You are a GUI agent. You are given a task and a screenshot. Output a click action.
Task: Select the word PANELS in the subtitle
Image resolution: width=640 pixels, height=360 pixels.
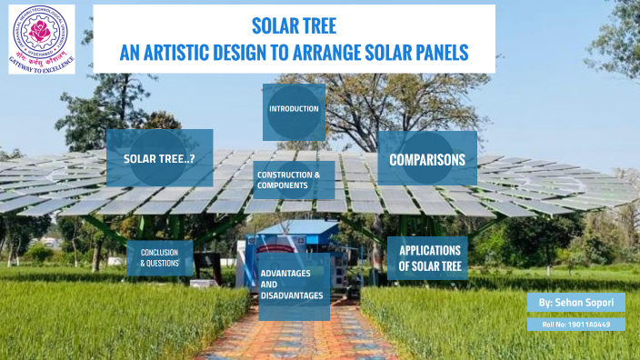click(x=437, y=53)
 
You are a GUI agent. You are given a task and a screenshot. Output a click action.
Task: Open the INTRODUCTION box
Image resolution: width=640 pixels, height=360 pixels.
click(x=294, y=109)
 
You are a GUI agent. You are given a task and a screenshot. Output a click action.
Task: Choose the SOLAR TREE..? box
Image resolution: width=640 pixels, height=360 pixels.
click(x=160, y=158)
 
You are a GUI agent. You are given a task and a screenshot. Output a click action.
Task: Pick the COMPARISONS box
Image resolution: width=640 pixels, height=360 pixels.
click(x=426, y=159)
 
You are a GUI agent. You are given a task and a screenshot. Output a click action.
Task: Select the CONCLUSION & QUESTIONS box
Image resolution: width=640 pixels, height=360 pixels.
click(x=160, y=257)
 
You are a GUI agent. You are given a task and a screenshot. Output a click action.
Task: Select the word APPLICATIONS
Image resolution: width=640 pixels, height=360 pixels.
click(x=431, y=250)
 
